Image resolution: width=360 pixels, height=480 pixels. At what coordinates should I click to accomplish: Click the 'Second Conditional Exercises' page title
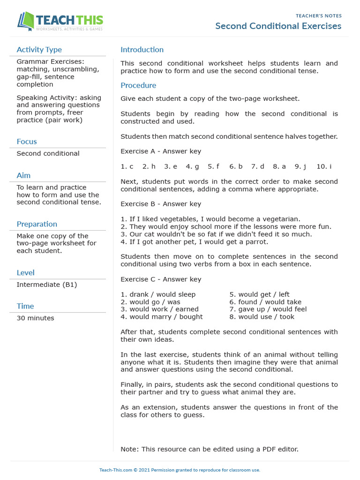coord(278,26)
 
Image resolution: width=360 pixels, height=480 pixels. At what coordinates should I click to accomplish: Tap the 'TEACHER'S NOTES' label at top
coord(318,16)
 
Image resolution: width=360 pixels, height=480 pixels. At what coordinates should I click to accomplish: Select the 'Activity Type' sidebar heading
coord(39,50)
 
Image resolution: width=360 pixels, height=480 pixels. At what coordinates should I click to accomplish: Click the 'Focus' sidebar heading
coord(27,142)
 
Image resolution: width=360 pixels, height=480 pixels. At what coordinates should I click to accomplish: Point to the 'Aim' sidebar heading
coord(23,175)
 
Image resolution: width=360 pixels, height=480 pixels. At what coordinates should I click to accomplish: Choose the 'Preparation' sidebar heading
coord(37,224)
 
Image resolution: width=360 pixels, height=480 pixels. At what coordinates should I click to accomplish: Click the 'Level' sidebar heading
coord(26,273)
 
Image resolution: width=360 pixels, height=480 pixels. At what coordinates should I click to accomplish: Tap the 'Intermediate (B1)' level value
coord(47,285)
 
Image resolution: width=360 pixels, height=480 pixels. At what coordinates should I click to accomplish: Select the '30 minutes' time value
coord(36,318)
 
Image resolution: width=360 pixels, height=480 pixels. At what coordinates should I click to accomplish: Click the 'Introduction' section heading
coord(142,50)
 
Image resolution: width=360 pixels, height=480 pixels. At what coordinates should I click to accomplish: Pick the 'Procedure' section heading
coord(138,85)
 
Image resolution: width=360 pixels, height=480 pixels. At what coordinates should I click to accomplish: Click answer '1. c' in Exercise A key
coord(127,166)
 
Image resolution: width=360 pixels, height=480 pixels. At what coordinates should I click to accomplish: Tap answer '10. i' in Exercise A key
coord(324,166)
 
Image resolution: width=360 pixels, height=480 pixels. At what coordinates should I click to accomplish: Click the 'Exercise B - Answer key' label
coord(161,204)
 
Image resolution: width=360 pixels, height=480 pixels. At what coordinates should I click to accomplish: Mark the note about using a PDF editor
coord(209,449)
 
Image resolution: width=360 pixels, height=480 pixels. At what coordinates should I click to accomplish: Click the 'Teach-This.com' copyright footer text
coord(180,470)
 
